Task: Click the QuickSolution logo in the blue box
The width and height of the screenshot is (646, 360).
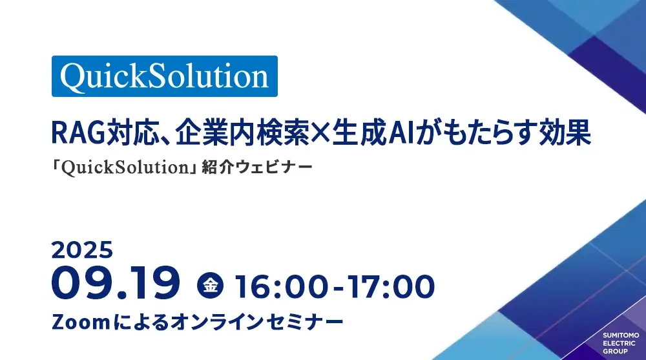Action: [164, 76]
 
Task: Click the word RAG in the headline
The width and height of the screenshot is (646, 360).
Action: [78, 132]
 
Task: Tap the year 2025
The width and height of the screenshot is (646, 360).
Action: [83, 250]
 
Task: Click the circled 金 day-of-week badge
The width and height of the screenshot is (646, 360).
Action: [210, 285]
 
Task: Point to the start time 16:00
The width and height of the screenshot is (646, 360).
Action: [282, 286]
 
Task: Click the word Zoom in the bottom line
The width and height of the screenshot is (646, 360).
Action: [81, 322]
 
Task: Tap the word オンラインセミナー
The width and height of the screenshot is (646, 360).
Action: [256, 322]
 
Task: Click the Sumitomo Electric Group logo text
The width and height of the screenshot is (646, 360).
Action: [621, 343]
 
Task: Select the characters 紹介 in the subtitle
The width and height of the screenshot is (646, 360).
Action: [218, 167]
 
